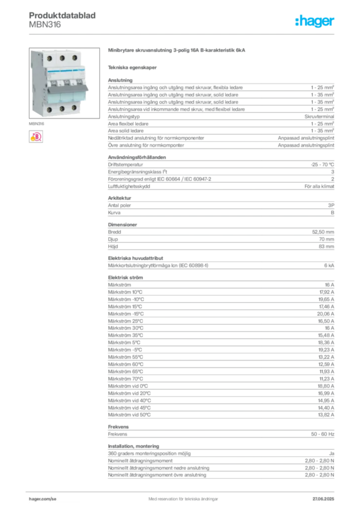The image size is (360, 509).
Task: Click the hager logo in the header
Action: [314, 21]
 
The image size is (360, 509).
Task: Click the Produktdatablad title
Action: [62, 15]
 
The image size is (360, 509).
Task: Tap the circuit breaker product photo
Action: [64, 83]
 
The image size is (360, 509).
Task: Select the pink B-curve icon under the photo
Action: [36, 137]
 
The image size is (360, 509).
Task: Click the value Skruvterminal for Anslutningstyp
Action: [319, 116]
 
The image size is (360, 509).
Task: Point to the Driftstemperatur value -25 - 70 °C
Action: [322, 165]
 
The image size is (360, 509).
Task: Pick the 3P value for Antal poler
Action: [331, 205]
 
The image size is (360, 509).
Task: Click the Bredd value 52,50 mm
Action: [323, 232]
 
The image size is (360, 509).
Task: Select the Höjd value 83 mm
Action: [326, 247]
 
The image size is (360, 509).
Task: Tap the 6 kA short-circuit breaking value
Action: [329, 265]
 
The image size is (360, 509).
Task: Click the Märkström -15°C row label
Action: [126, 314]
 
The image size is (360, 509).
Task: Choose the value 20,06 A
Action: [325, 314]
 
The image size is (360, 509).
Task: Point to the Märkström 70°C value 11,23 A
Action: [327, 379]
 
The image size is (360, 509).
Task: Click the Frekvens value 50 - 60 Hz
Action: [322, 434]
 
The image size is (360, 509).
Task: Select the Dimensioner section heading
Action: [122, 225]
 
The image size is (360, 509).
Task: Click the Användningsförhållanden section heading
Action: [137, 157]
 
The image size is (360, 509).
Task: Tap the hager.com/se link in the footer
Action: [43, 499]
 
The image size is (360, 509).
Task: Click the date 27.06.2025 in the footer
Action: [323, 499]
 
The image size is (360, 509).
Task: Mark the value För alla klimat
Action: [319, 186]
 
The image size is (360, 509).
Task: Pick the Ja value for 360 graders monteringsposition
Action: [332, 453]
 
